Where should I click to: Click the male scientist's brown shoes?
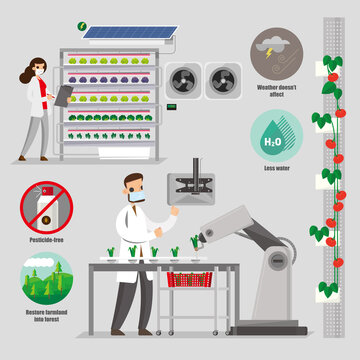click(124, 330)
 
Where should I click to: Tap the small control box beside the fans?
click(171, 105)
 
